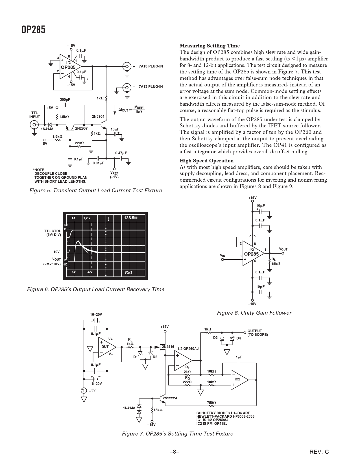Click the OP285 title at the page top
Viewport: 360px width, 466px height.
(x=33, y=30)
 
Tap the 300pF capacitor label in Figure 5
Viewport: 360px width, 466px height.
(x=65, y=100)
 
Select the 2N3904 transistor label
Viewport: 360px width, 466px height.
(x=98, y=117)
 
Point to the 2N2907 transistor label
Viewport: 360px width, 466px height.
(x=81, y=129)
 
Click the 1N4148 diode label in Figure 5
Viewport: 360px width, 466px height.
(x=47, y=129)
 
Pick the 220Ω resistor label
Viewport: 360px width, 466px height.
(x=79, y=143)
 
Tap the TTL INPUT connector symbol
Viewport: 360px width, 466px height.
(x=34, y=125)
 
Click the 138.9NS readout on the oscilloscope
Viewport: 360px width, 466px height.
(x=131, y=218)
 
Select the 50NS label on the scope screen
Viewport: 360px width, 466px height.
(x=128, y=273)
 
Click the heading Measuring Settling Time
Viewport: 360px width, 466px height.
(x=210, y=46)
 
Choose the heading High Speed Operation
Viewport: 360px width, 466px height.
(x=206, y=161)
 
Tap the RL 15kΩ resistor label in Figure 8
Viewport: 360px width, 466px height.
(x=276, y=262)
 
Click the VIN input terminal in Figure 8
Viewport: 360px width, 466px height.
(x=222, y=260)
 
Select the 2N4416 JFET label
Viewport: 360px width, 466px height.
(x=168, y=347)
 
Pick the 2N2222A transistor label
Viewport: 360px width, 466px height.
(x=170, y=398)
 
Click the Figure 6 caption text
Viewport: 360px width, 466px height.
(x=96, y=289)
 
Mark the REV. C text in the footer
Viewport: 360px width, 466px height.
(x=319, y=452)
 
